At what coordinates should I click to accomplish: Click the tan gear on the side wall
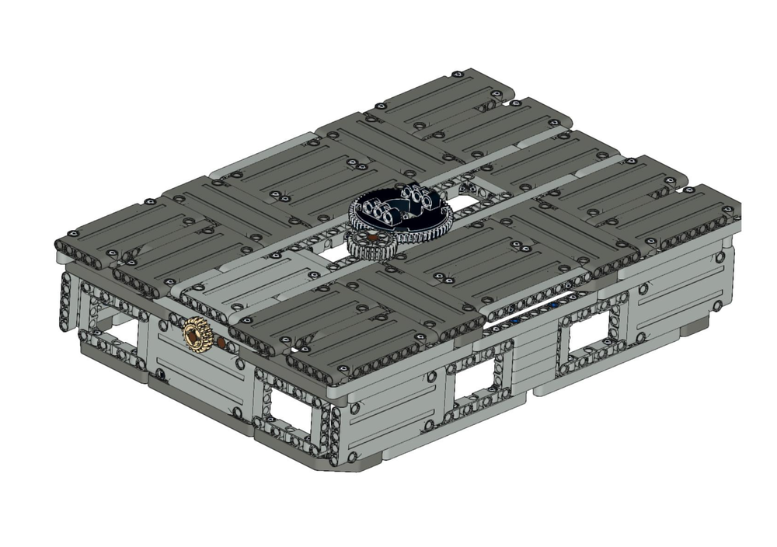point(198,336)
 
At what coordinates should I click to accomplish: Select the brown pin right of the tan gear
point(223,343)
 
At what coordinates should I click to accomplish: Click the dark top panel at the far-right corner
point(684,214)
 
